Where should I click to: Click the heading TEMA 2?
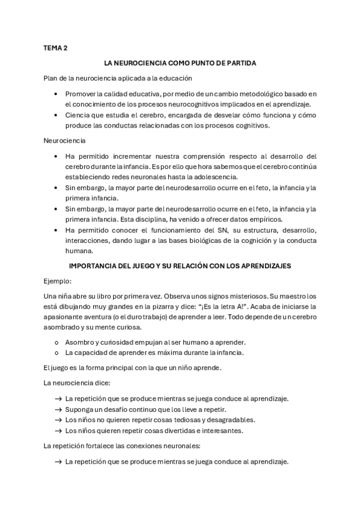[56, 47]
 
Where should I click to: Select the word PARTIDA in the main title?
[242, 63]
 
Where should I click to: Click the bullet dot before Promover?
[56, 94]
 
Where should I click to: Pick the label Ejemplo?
[58, 281]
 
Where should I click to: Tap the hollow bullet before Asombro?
[56, 342]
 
